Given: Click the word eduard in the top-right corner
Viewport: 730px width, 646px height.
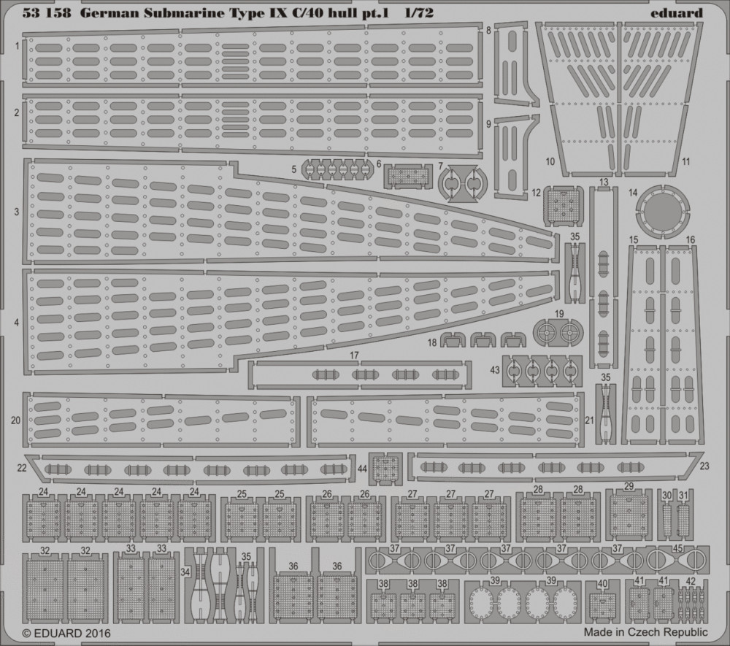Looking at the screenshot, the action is (677, 12).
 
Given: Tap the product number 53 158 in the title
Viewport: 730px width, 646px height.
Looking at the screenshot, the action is (47, 12).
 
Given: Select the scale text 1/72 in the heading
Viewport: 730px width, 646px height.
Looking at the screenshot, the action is (418, 12).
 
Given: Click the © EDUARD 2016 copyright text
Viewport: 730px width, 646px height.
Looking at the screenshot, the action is (66, 633).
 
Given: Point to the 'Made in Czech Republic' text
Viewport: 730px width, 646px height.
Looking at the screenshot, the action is (646, 632).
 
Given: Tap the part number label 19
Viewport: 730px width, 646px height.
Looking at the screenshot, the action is (559, 314).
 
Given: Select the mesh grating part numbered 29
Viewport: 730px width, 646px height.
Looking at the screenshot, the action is (629, 515).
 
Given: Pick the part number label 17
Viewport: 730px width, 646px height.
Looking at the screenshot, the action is (354, 355).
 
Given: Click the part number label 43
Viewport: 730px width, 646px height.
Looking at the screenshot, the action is (495, 370).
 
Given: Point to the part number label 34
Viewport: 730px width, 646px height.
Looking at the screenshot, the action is (185, 572).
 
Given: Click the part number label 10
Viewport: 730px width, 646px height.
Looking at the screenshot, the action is (550, 162).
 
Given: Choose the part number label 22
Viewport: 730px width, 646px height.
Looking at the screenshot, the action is (22, 468).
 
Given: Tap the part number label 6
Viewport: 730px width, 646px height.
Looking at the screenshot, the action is (378, 164).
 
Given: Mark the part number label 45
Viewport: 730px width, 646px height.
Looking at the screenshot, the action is (677, 548).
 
